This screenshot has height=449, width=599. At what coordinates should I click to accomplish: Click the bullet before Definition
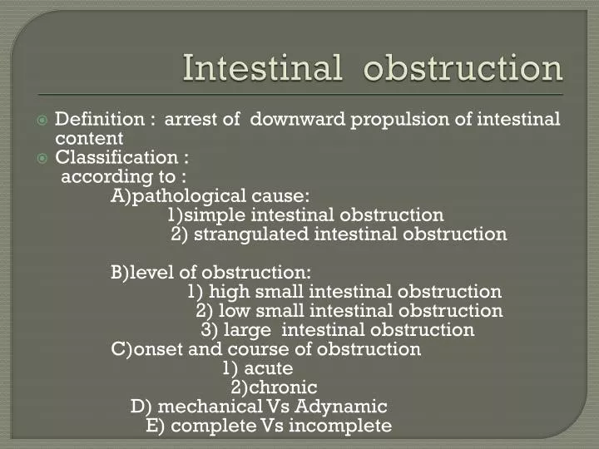(42, 120)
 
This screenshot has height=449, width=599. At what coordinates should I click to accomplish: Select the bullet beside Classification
(42, 158)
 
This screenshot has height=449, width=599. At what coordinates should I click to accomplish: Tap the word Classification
(116, 157)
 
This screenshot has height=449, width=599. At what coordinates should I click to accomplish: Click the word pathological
(185, 196)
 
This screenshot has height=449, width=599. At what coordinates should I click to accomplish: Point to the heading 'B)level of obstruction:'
(211, 273)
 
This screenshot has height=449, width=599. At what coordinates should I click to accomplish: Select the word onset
(157, 349)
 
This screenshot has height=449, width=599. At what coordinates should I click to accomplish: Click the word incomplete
(349, 426)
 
